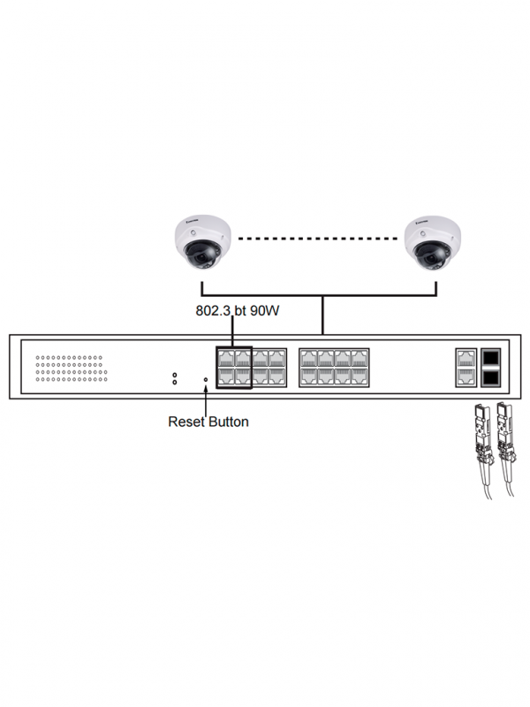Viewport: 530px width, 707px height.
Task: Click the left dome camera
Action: coord(202,242)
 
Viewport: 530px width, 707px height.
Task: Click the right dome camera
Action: coord(432,242)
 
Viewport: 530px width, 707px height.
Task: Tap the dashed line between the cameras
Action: coord(317,239)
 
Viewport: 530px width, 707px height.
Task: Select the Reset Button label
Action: coord(208,422)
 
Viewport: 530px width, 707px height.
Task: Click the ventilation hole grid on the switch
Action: coord(72,369)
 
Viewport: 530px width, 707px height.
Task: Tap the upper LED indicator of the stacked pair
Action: coord(175,375)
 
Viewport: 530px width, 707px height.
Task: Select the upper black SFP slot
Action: coord(490,358)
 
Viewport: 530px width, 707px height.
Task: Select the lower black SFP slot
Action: coord(490,377)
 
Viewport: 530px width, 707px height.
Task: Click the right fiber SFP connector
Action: coord(506,433)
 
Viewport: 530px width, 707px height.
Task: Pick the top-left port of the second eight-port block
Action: coord(308,358)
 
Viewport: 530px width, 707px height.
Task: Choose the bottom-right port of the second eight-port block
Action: coord(360,377)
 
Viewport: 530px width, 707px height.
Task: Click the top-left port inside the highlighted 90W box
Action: coord(225,358)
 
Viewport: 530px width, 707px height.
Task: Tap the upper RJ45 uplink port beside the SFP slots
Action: coord(466,358)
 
